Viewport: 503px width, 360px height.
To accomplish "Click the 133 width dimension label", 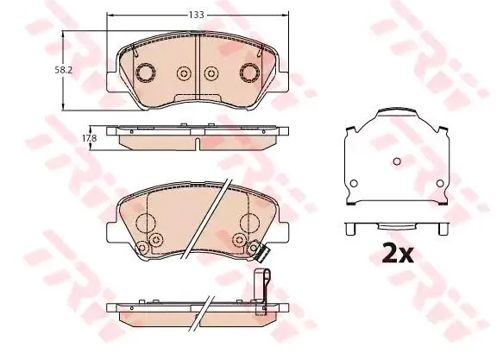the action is coord(197,15).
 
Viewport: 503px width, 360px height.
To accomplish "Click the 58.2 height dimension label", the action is coord(63,70).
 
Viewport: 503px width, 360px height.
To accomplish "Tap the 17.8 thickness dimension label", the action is coord(89,138).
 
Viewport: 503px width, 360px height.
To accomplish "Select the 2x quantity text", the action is coord(398,253).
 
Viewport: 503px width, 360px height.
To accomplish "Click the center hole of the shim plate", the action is coord(397,161).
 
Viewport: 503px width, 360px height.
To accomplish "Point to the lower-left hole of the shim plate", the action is coord(354,184).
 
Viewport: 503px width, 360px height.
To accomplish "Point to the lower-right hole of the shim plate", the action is coord(440,184).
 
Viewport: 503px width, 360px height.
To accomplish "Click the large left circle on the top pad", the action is coord(146,73).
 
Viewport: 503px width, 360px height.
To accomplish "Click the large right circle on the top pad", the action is coord(249,73).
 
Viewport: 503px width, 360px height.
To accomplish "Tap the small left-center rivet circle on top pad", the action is coord(184,73).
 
